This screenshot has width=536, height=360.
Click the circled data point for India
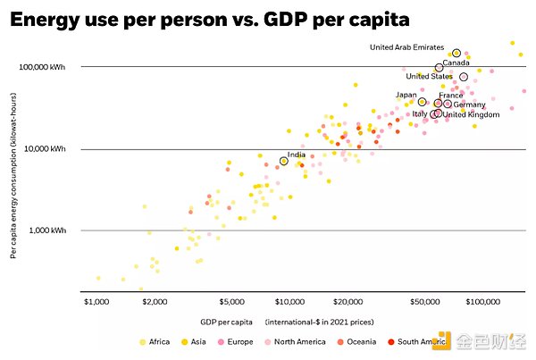click(284, 161)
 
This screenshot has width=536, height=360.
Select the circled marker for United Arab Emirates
click(456, 54)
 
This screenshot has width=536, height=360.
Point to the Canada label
click(456, 63)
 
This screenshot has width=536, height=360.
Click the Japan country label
click(406, 95)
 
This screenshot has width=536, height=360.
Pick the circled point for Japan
click(422, 102)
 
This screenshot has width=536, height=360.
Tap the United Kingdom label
click(471, 114)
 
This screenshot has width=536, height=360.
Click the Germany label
click(469, 105)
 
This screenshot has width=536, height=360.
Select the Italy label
click(420, 114)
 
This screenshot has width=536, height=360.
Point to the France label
click(451, 95)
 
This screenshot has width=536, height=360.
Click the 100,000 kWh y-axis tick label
click(45, 67)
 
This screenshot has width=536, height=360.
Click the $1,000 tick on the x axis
click(96, 301)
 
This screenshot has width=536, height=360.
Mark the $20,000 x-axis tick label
click(347, 301)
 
